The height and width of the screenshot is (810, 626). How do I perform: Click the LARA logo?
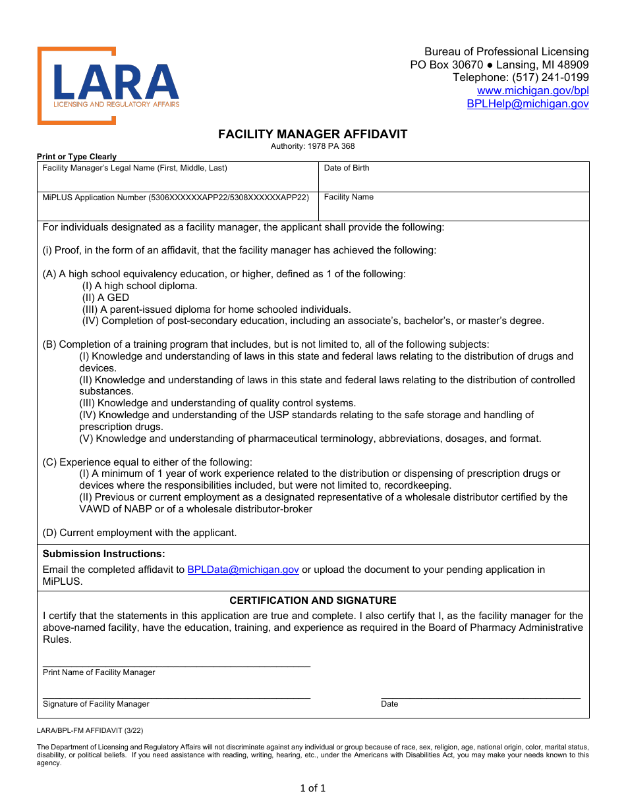[109, 86]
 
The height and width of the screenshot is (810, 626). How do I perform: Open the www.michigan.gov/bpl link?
[532, 91]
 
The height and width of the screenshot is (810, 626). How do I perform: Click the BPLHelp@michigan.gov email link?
[527, 104]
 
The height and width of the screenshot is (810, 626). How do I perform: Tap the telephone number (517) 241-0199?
[550, 78]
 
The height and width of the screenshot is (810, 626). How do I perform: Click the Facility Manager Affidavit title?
[313, 134]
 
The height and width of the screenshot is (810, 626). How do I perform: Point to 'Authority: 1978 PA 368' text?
[313, 146]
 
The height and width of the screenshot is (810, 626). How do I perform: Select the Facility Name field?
[453, 210]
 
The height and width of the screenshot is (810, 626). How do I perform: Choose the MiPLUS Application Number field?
[178, 210]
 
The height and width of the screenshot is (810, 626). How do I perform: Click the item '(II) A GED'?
[105, 298]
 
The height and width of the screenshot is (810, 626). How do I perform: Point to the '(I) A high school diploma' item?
[140, 286]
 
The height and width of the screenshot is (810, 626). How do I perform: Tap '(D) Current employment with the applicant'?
[140, 533]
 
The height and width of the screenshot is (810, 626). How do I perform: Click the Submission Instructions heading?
[104, 554]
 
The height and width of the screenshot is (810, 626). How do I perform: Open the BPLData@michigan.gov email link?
[243, 570]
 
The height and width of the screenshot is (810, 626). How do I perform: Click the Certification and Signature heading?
[313, 601]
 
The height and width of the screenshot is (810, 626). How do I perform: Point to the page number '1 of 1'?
[313, 788]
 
